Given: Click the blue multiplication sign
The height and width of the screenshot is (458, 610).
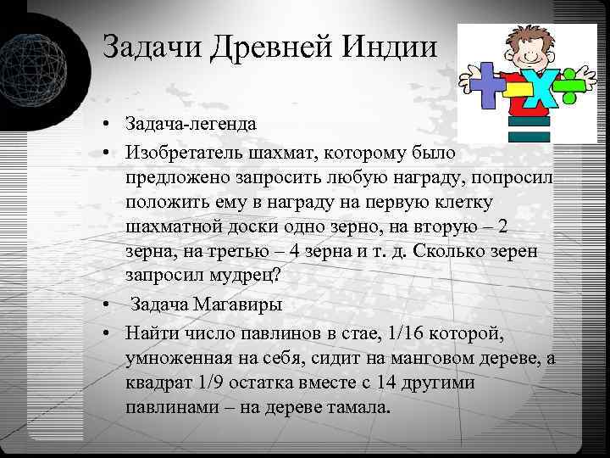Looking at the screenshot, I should (534, 91).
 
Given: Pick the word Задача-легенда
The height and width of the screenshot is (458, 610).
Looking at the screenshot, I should (191, 125).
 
